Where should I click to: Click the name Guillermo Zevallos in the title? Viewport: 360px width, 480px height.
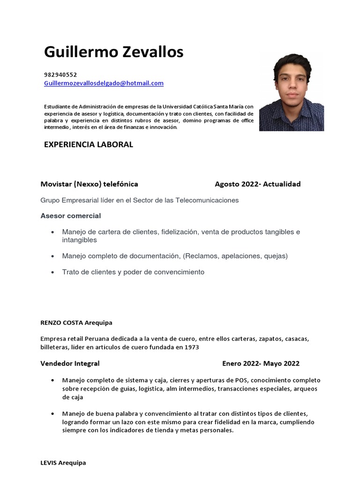click(113, 52)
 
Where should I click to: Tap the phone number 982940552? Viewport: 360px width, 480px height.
click(60, 75)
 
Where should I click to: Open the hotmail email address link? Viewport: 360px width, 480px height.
click(104, 83)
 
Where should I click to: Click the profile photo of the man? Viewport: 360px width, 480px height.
click(291, 94)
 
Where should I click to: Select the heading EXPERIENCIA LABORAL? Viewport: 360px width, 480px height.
click(89, 144)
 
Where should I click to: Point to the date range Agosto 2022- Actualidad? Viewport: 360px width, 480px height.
click(257, 184)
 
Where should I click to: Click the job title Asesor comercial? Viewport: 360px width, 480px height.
click(71, 216)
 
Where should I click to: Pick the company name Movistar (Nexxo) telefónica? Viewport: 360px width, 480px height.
click(89, 184)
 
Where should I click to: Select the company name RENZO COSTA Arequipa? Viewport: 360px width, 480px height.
click(76, 323)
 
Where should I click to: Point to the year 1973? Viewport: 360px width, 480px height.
click(191, 347)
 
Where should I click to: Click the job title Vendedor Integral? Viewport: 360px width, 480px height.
click(70, 363)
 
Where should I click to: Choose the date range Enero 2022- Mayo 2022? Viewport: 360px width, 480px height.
click(261, 363)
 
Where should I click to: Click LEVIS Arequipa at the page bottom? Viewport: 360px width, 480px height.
click(63, 463)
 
